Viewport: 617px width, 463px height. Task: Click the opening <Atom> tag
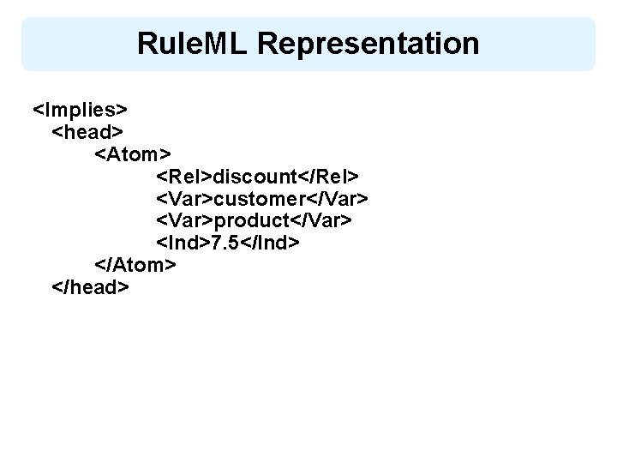click(133, 153)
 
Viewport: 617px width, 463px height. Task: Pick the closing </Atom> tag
click(135, 265)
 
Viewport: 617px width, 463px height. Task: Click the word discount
click(255, 176)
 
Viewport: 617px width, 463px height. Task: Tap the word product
click(255, 220)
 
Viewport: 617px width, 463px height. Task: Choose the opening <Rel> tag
click(183, 176)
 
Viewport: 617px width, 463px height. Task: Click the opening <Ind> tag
click(182, 243)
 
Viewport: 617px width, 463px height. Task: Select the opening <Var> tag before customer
click(184, 198)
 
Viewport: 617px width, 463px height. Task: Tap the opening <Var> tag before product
click(184, 220)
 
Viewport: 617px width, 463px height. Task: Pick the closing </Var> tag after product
click(325, 220)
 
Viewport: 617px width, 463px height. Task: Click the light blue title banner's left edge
click(23, 43)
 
